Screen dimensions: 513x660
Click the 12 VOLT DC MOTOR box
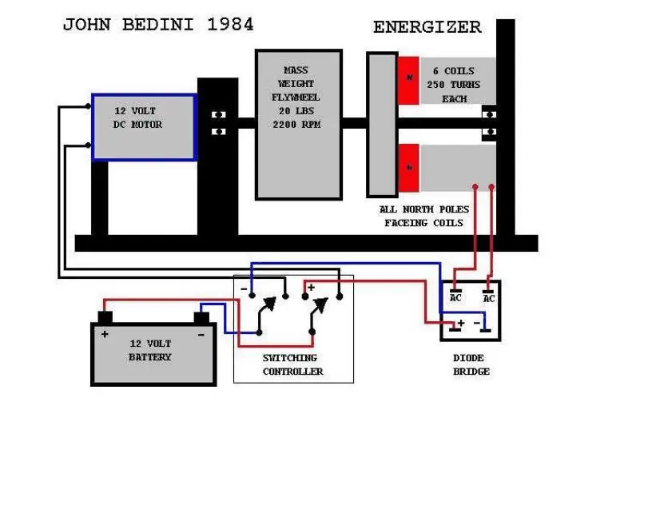tap(144, 127)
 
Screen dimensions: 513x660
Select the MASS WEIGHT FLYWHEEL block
tap(298, 124)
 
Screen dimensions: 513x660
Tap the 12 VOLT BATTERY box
tap(153, 353)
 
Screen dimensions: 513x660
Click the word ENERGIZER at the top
tap(427, 27)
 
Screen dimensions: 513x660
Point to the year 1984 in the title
tap(230, 24)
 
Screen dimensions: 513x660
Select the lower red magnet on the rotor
tap(409, 167)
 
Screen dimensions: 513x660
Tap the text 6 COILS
tap(453, 71)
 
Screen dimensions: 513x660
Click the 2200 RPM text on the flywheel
tap(297, 125)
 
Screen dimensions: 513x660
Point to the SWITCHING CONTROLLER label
tap(292, 365)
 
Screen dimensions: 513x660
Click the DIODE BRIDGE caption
tap(471, 364)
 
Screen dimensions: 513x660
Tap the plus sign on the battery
tap(104, 333)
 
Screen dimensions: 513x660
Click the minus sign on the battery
tap(201, 333)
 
